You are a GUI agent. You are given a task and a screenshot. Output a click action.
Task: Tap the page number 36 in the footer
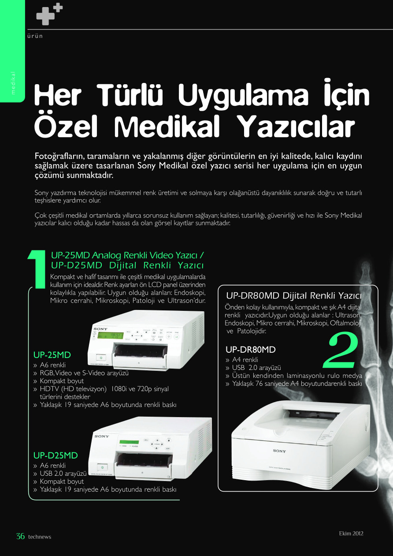[x=21, y=537]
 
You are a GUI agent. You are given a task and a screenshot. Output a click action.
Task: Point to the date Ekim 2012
[x=351, y=534]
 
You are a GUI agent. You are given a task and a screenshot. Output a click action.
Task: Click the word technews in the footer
[x=40, y=537]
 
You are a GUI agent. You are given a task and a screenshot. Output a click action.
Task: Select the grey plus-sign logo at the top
[x=49, y=14]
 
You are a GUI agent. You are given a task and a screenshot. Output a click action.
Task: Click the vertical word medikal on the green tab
[x=13, y=83]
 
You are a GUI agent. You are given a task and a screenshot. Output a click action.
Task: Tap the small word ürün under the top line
[x=35, y=36]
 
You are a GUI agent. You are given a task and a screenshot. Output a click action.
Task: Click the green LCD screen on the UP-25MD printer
[x=111, y=335]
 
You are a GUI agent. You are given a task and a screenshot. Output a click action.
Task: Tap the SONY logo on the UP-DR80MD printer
[x=279, y=451]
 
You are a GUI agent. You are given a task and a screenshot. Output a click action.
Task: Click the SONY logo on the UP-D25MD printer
[x=102, y=436]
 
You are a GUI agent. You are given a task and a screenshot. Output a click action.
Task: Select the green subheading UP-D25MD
[x=56, y=455]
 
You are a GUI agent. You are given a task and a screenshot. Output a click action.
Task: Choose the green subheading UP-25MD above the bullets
[x=52, y=354]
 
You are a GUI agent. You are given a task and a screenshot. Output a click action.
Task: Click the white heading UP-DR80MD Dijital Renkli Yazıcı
[x=294, y=295]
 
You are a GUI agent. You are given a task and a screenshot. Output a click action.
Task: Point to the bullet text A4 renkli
[x=245, y=359]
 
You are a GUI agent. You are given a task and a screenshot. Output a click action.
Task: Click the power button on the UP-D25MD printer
[x=102, y=467]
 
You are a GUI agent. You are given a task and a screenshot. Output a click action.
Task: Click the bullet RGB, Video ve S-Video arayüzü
[x=84, y=373]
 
